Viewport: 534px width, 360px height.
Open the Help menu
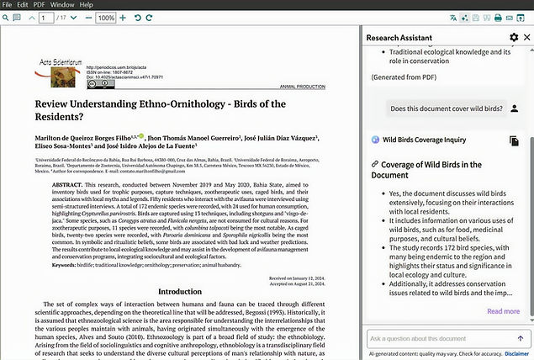click(87, 5)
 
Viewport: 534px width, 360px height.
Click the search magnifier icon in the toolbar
click(10, 18)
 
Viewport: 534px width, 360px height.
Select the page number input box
click(45, 18)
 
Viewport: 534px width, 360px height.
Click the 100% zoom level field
click(106, 18)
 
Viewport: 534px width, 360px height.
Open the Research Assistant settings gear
click(514, 38)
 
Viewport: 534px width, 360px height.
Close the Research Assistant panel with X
click(526, 38)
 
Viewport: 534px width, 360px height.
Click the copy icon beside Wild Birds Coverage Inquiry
click(514, 140)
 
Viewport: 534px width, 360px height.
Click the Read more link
click(503, 311)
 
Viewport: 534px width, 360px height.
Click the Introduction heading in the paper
click(180, 291)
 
